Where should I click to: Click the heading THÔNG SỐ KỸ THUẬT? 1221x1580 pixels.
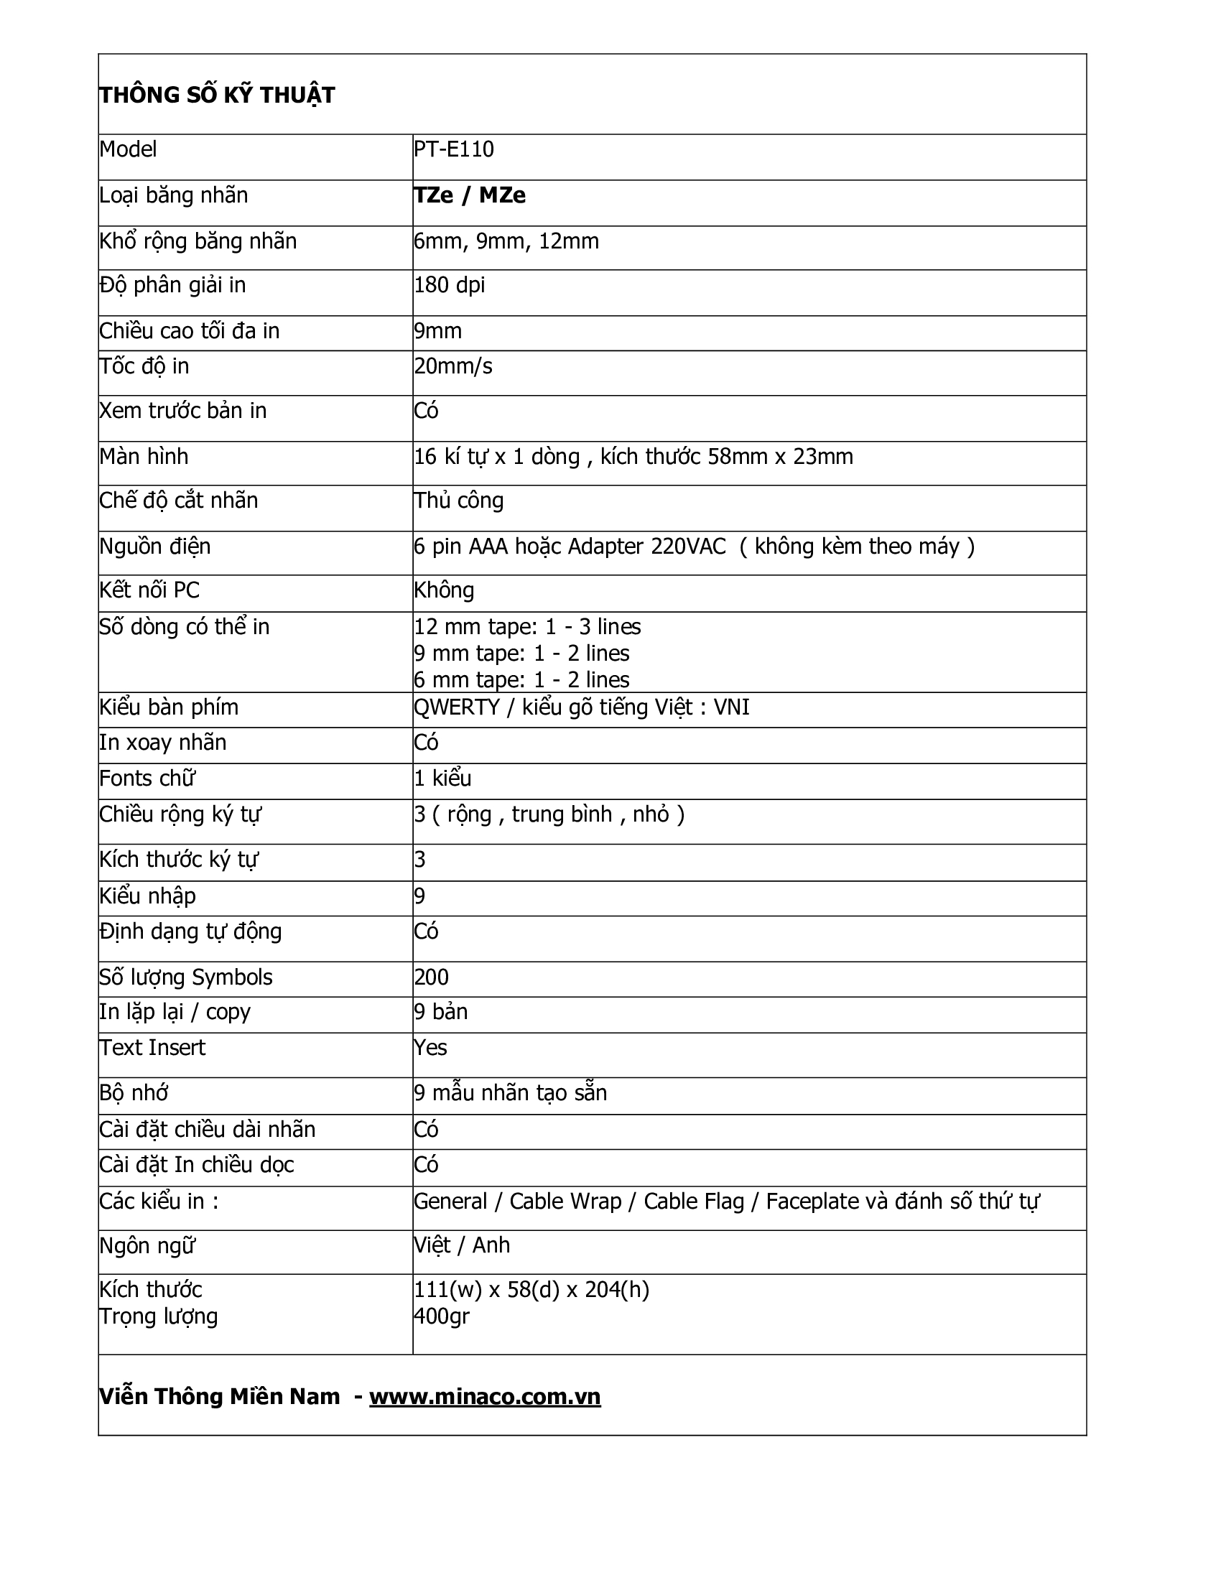217,96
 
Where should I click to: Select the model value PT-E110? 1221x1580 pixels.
453,150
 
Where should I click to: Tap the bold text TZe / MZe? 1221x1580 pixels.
470,195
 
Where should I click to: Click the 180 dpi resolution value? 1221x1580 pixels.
449,285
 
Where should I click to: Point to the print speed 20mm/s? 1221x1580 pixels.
452,367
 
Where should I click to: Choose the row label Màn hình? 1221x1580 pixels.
144,457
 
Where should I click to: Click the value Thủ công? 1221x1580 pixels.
459,501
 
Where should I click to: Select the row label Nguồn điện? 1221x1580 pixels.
155,547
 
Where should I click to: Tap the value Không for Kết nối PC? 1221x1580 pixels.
444,590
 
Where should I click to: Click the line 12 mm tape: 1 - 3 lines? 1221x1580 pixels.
527,626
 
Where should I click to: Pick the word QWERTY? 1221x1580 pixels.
456,707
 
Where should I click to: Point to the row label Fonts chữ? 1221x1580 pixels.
147,779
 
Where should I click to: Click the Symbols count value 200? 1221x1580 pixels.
431,977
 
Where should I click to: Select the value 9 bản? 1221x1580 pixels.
440,1011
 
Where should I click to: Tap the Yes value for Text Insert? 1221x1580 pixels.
430,1048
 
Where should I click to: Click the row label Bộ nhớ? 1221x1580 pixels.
134,1092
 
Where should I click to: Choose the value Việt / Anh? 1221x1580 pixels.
462,1245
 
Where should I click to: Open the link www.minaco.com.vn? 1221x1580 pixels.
485,1396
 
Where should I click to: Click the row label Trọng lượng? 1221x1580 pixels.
159,1316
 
